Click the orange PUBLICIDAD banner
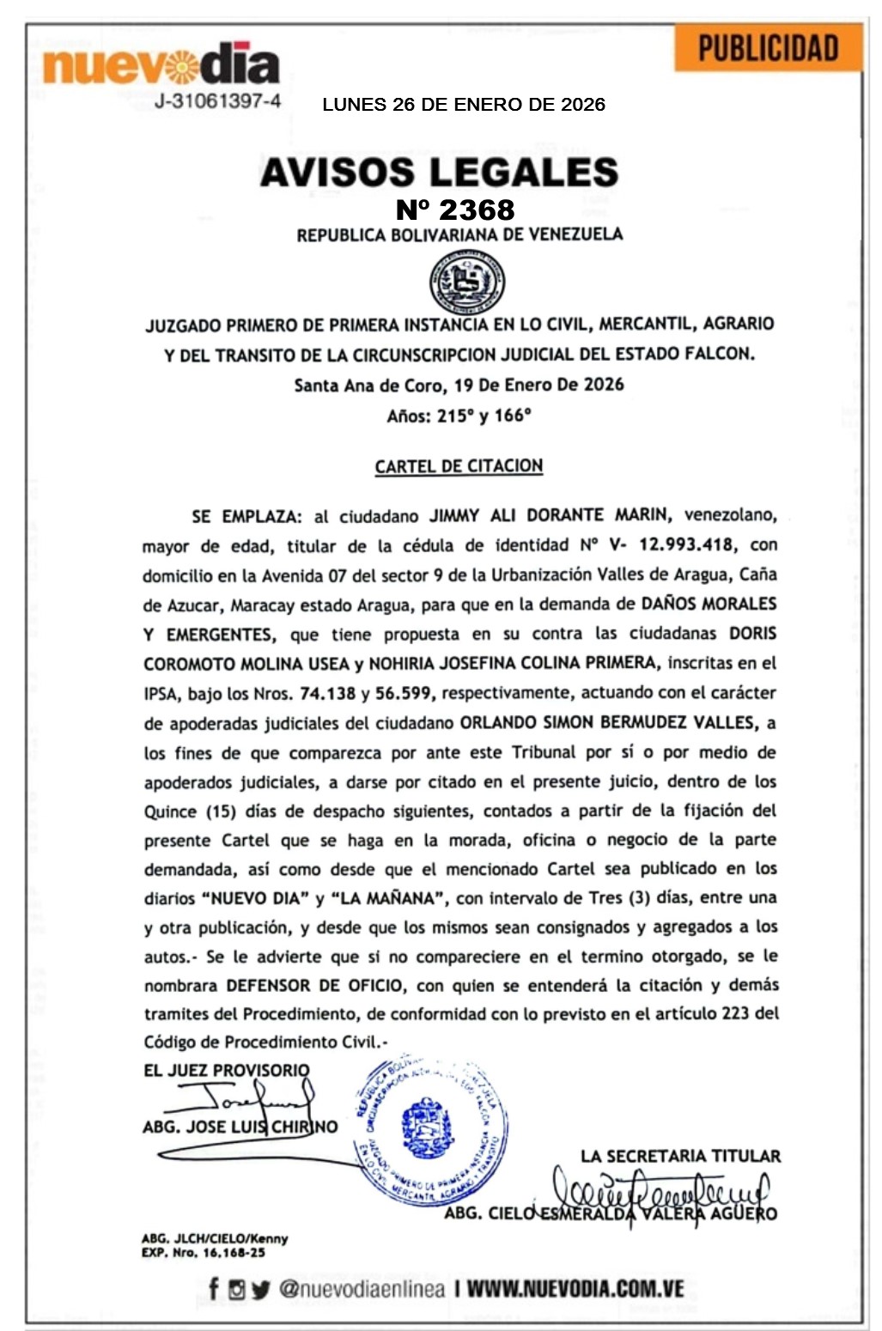click(768, 48)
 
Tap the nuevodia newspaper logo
click(161, 64)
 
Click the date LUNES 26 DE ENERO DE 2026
click(464, 105)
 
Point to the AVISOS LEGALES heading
click(439, 172)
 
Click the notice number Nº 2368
click(455, 210)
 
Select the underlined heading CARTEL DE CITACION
click(459, 466)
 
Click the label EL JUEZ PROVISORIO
click(227, 1070)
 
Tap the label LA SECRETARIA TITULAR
click(680, 1156)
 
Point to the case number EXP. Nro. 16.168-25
click(203, 1253)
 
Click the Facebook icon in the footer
click(213, 1288)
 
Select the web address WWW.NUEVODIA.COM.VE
click(575, 1288)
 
